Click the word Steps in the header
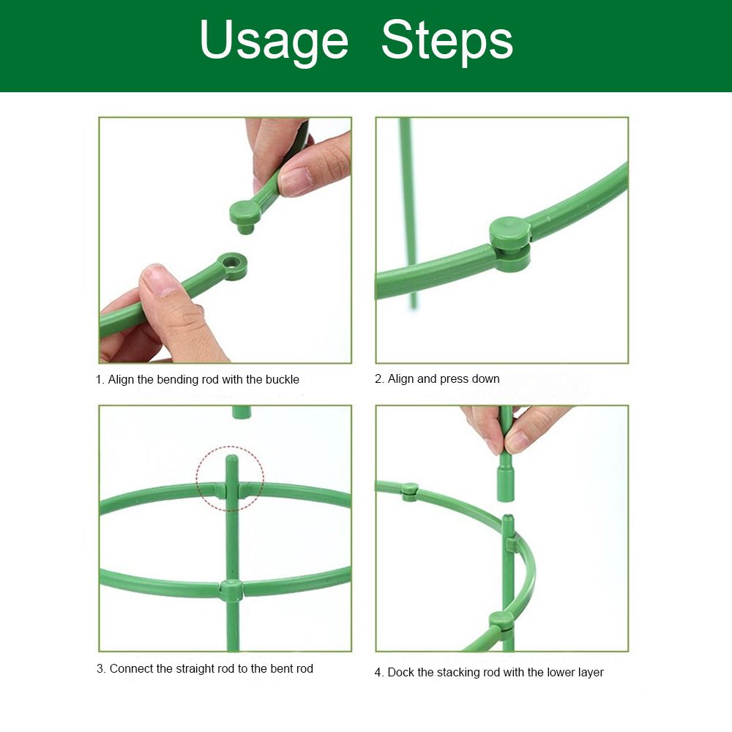click(x=447, y=40)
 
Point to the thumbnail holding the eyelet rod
click(x=160, y=280)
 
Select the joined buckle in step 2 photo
click(x=510, y=244)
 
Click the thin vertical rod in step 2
click(x=409, y=213)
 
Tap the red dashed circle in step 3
click(x=230, y=478)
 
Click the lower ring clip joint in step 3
click(x=231, y=590)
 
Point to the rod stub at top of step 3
click(x=242, y=412)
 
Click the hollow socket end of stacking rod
click(x=506, y=485)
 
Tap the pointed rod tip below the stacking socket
click(x=508, y=519)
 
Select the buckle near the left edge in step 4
click(x=409, y=492)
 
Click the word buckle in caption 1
click(x=282, y=379)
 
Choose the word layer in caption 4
click(x=591, y=673)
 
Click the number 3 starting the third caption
click(x=100, y=669)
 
